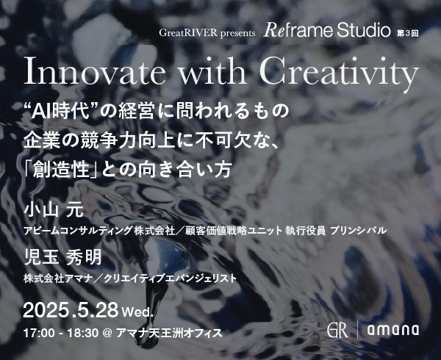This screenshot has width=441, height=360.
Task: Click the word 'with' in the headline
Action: [x=212, y=71]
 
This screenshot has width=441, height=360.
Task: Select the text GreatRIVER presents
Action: [x=207, y=33]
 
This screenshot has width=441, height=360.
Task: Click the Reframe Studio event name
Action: [x=327, y=30]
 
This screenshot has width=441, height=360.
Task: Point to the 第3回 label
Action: [x=407, y=34]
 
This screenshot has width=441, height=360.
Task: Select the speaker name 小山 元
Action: [x=54, y=210]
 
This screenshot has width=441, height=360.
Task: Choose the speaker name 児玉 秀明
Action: [x=62, y=258]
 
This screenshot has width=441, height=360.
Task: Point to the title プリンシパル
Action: [x=359, y=231]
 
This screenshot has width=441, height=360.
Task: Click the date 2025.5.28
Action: [x=71, y=311]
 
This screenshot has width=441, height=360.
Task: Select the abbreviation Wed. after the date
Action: [x=138, y=312]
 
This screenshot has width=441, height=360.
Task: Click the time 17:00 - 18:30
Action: [x=61, y=334]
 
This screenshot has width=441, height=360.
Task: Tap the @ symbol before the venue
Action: [x=107, y=334]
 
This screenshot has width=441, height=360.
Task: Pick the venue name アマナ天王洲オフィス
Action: [x=169, y=334]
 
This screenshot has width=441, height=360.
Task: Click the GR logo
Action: [x=337, y=329]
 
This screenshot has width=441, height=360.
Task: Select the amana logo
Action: [x=393, y=330]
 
